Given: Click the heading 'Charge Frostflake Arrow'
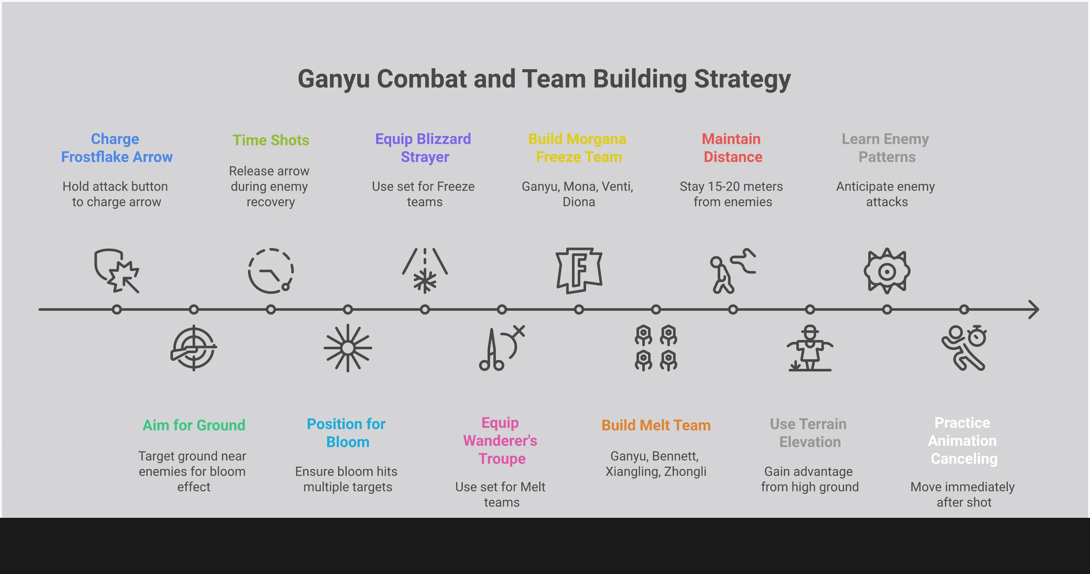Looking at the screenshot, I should [117, 148].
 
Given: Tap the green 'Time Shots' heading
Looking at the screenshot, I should [271, 140].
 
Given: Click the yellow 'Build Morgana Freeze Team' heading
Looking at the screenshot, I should [578, 148].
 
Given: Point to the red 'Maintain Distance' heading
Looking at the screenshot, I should [732, 148].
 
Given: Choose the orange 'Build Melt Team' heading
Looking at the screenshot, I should [656, 425].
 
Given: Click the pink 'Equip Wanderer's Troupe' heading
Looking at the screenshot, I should [501, 441].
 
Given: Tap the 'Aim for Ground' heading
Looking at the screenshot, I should [194, 425].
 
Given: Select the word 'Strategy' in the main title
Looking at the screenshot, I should [742, 79].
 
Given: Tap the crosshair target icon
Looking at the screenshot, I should [194, 348].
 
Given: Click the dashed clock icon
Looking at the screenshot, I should [271, 271].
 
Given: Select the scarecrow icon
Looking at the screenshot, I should [810, 348].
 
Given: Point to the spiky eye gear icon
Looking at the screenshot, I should [887, 271].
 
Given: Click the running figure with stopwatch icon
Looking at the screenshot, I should [964, 348].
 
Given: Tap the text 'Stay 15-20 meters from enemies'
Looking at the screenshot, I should [732, 194].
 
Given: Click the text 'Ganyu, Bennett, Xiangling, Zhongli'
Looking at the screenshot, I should [655, 464].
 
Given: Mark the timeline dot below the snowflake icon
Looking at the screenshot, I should [425, 309].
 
